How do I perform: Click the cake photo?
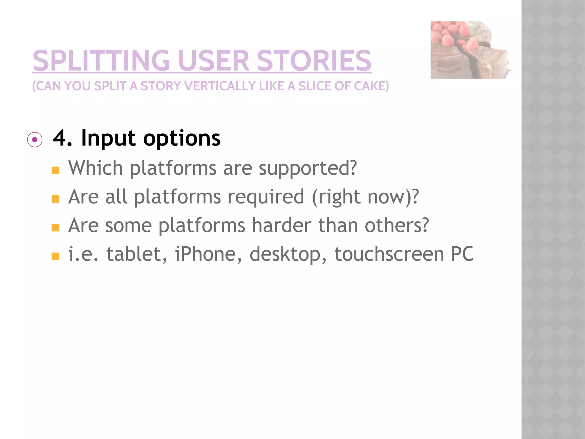click(x=470, y=50)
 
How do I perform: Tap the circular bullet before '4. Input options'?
click(x=35, y=140)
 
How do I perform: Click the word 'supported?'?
click(x=308, y=168)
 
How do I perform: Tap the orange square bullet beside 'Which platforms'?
click(x=55, y=171)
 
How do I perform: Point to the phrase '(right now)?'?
click(x=365, y=197)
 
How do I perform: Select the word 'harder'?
click(x=281, y=225)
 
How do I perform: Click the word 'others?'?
click(x=396, y=225)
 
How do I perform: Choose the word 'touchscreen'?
click(x=389, y=254)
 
